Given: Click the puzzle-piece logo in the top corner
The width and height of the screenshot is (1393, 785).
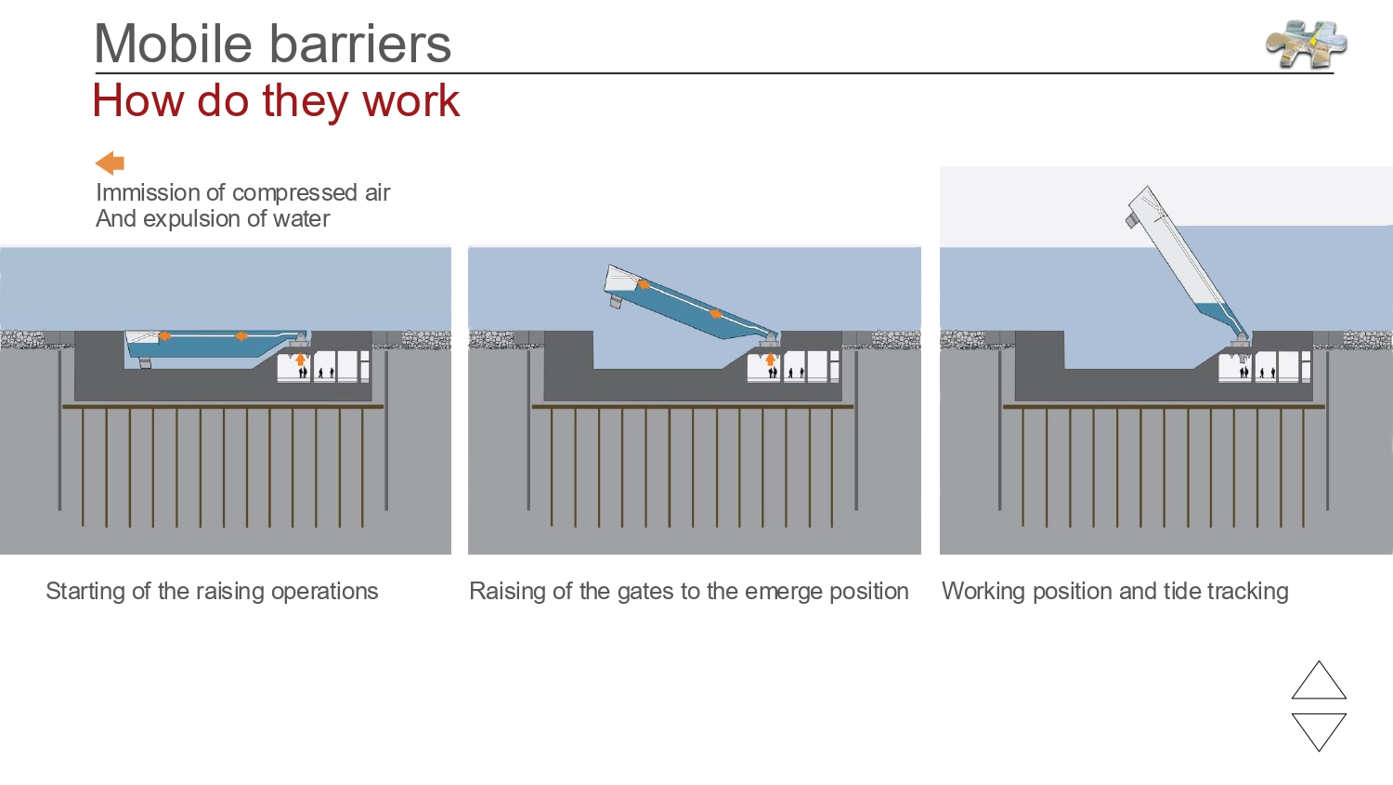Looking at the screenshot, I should tap(1306, 44).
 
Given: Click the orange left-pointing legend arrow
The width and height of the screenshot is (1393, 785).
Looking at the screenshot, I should tap(110, 164).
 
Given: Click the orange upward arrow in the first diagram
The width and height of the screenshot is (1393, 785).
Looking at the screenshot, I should tap(301, 360).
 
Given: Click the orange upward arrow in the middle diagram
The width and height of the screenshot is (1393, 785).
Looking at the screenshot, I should tap(770, 360).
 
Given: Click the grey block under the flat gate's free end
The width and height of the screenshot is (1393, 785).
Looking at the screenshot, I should tap(145, 362).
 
